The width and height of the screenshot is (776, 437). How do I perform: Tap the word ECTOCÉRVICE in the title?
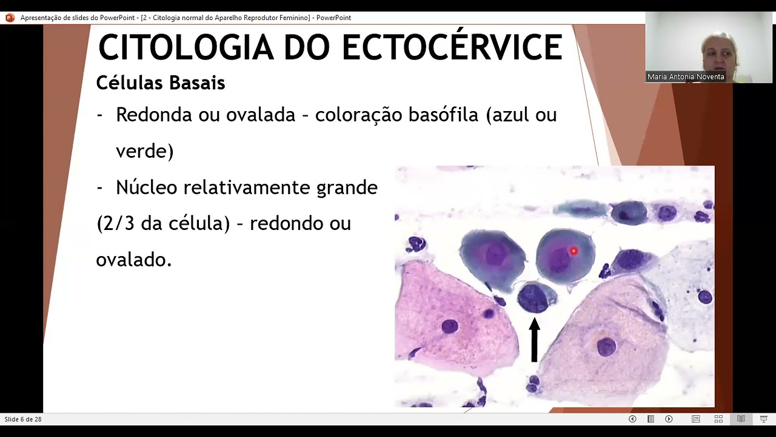pyautogui.click(x=452, y=47)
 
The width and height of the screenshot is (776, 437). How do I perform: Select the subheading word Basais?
pyautogui.click(x=197, y=83)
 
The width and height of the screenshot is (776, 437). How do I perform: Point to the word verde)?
pyautogui.click(x=144, y=151)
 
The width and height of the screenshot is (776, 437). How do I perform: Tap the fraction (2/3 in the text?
pyautogui.click(x=116, y=223)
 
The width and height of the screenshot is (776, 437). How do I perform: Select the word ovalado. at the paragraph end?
pyautogui.click(x=133, y=260)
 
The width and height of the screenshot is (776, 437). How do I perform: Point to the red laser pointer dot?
pyautogui.click(x=573, y=251)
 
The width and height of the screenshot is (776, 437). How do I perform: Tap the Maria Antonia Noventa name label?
pyautogui.click(x=686, y=77)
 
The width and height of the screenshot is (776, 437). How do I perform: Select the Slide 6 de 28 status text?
pyautogui.click(x=23, y=419)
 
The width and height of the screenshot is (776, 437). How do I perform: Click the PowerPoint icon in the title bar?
pyautogui.click(x=9, y=18)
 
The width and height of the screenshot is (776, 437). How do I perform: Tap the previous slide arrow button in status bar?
pyautogui.click(x=632, y=419)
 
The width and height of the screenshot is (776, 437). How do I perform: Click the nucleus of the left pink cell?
pyautogui.click(x=449, y=327)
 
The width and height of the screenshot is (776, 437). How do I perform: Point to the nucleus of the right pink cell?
pyautogui.click(x=606, y=347)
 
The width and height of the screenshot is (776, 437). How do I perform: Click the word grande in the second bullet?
pyautogui.click(x=347, y=188)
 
